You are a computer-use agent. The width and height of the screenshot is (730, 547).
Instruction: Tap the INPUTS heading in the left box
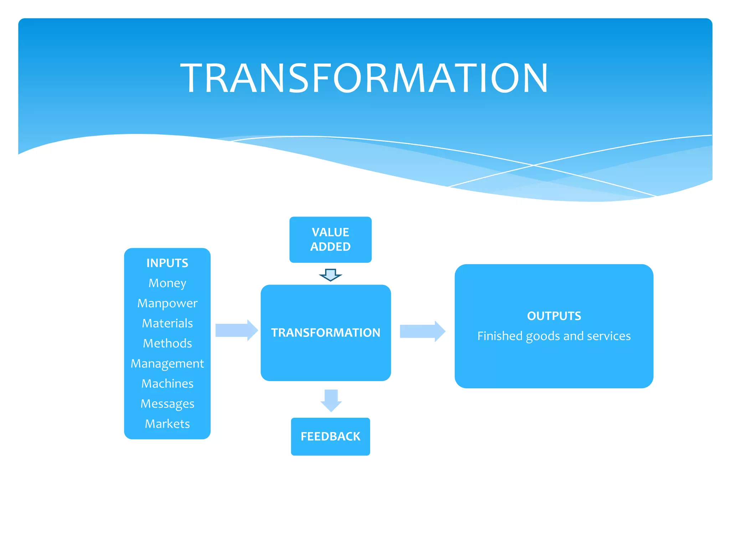167,263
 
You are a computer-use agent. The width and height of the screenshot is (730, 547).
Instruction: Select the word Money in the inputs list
167,283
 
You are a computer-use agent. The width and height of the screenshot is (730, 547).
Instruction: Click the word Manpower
167,303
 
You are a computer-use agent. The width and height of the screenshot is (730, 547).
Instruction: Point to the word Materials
167,323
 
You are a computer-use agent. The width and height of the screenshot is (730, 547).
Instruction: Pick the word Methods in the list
167,343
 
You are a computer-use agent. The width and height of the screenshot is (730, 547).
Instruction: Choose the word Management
167,364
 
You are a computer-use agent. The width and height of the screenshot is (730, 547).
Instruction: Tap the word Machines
167,384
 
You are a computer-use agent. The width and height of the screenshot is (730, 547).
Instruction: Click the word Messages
167,404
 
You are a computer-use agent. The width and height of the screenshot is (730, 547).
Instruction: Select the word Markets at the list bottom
167,424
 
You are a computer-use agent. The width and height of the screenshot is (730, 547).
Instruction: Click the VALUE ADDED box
330,239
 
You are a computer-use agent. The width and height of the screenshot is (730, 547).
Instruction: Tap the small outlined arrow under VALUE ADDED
330,275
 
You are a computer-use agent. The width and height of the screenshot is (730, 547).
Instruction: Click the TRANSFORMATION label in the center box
325,333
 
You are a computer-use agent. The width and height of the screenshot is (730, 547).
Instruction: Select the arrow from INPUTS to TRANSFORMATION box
236,330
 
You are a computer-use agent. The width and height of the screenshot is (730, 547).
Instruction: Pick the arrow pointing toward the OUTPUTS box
422,331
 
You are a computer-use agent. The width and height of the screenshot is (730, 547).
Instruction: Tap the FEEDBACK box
330,436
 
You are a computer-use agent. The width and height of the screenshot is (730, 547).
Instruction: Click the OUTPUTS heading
554,316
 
